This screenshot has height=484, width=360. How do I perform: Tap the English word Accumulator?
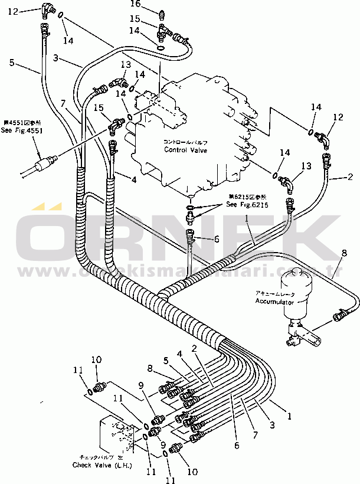[x=274, y=302]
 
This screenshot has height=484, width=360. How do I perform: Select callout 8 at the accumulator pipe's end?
[x=344, y=254]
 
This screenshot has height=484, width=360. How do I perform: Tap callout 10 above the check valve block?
[x=96, y=359]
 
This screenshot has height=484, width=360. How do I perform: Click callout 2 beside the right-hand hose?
[x=350, y=176]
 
